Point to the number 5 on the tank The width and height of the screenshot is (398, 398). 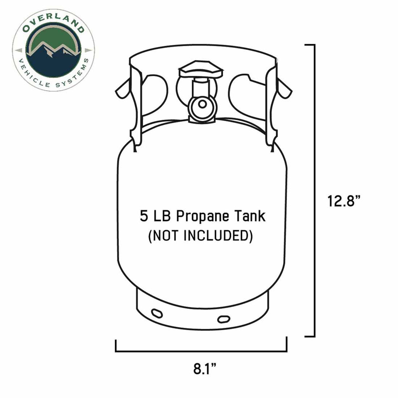(x=144, y=216)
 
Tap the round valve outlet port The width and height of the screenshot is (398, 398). (x=202, y=104)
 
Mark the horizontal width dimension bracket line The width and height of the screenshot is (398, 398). (x=201, y=351)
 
